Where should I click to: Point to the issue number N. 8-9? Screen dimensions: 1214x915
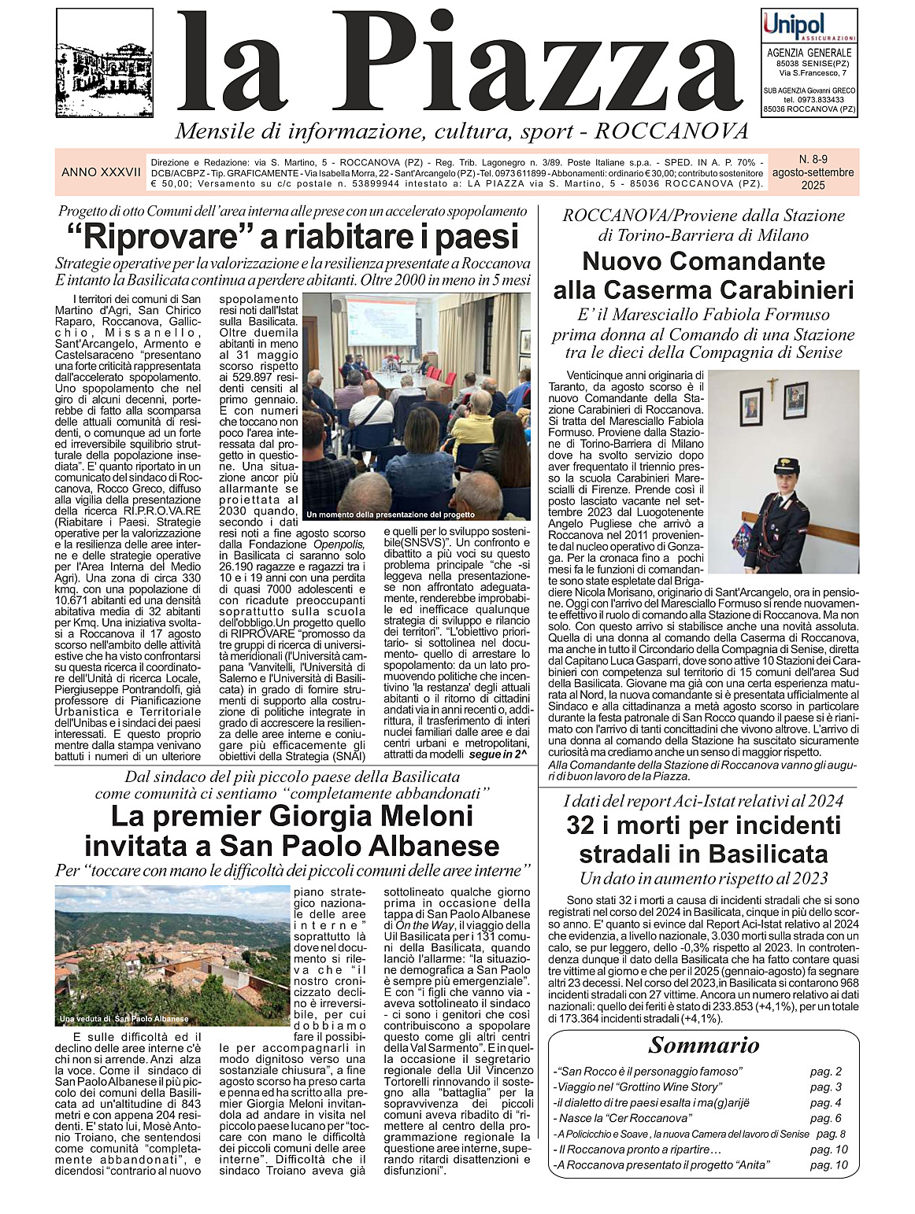(x=811, y=158)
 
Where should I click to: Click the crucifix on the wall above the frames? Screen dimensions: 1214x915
(x=773, y=387)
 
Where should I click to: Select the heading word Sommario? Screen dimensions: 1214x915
(x=703, y=1046)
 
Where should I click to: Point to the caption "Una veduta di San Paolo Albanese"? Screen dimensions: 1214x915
(x=124, y=1019)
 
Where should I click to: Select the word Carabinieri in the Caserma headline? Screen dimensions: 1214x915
(x=778, y=290)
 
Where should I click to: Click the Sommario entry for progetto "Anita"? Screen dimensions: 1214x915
(x=662, y=1165)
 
